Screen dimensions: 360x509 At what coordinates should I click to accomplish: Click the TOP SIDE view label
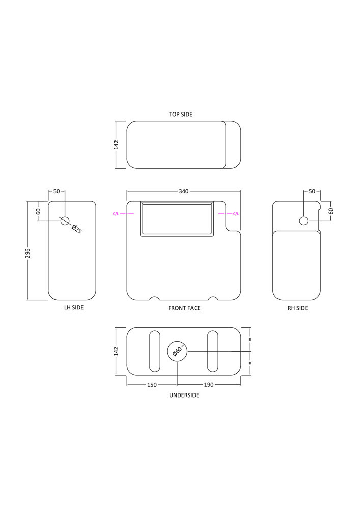(x=180, y=114)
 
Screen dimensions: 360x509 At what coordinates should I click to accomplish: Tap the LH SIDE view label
(x=74, y=307)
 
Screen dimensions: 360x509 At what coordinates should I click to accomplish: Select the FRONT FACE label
(x=184, y=308)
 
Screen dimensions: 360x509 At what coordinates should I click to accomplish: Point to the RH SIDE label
(x=297, y=308)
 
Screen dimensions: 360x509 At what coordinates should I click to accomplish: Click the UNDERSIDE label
(x=184, y=395)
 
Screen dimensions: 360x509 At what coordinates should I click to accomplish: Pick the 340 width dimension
(x=184, y=191)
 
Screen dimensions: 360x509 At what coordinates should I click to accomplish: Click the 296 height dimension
(x=27, y=253)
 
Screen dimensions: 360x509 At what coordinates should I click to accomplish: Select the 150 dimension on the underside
(x=152, y=385)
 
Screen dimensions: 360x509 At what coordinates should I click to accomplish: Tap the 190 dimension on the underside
(x=209, y=385)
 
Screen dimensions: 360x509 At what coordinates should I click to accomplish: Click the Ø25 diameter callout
(x=76, y=229)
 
